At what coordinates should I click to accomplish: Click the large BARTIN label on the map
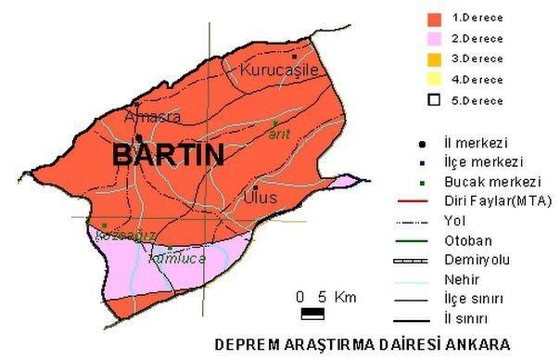168,155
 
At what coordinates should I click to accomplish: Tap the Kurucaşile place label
279,70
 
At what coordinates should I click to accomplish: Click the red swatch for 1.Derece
432,18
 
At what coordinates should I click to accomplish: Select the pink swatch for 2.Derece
432,39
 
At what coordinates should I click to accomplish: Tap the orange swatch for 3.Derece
432,59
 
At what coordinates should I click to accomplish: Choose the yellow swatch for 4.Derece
432,80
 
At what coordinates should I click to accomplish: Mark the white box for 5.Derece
432,100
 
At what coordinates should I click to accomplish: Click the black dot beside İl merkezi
422,144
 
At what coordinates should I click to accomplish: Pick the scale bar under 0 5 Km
304,313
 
